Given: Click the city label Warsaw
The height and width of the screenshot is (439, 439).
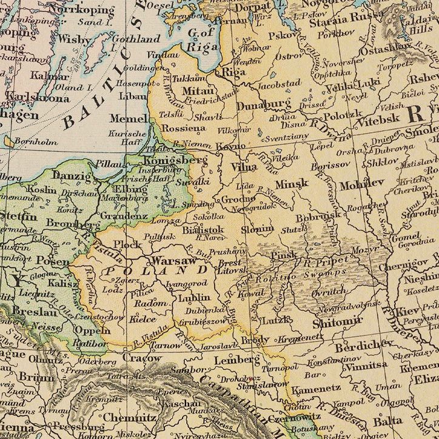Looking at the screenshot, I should [173, 261].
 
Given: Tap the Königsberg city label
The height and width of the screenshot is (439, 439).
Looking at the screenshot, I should [175, 161].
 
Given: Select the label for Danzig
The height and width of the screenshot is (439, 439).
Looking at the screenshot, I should [72, 177].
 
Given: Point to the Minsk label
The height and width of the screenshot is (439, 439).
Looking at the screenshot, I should [292, 183].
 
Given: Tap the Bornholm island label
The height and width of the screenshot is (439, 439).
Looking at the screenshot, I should [38, 142].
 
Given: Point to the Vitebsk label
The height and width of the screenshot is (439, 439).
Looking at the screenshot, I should [378, 121].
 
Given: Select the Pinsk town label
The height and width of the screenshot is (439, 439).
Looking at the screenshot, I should [284, 255].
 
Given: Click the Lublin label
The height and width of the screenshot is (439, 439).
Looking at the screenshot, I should [195, 298].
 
